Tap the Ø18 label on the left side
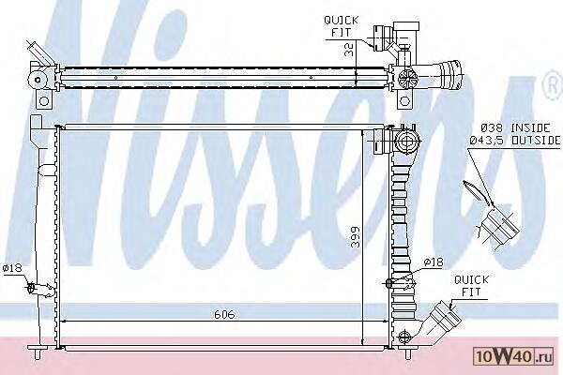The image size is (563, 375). pos(12,269)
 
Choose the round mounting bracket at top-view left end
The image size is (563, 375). pos(40,78)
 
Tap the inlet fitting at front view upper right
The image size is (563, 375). pos(405,142)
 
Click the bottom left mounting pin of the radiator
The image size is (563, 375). pos(35,351)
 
